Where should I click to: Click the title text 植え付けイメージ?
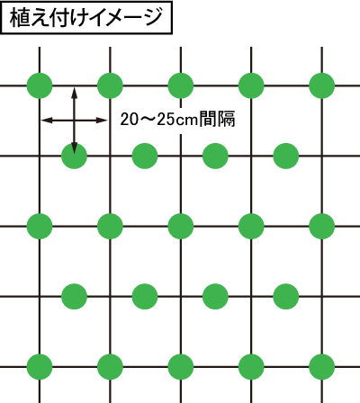click(86, 17)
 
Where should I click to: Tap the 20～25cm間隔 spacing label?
click(177, 119)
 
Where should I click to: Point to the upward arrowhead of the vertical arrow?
click(74, 93)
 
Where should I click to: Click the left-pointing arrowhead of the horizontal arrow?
click(47, 121)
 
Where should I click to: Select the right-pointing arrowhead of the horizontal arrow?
click(102, 121)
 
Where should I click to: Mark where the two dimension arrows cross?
click(74, 121)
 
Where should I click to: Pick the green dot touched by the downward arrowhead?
click(74, 156)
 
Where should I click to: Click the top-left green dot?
click(40, 85)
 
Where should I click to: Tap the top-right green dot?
click(322, 85)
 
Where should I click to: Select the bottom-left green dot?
click(40, 367)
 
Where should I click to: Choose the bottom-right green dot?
click(322, 367)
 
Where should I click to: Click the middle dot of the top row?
click(181, 85)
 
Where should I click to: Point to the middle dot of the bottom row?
click(181, 367)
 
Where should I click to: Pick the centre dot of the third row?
click(181, 226)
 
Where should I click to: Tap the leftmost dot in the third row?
click(40, 226)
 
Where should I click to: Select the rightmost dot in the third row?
click(322, 226)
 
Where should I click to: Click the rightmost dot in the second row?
click(286, 156)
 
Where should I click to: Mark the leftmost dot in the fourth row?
click(74, 297)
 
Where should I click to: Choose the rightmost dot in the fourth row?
click(286, 297)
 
